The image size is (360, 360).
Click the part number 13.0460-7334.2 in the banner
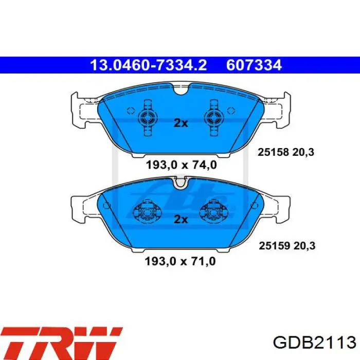pyautogui.click(x=149, y=65)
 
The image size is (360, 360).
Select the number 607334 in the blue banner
pyautogui.click(x=254, y=65)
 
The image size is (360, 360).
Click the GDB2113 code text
pyautogui.click(x=314, y=343)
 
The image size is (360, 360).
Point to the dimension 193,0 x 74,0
pyautogui.click(x=181, y=165)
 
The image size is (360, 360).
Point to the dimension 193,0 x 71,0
pyautogui.click(x=180, y=261)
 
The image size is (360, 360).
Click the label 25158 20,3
pyautogui.click(x=285, y=152)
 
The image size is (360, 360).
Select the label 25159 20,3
pyautogui.click(x=287, y=246)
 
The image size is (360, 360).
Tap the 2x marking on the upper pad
pyautogui.click(x=181, y=123)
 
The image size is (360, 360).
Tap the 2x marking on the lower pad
pyautogui.click(x=181, y=220)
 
